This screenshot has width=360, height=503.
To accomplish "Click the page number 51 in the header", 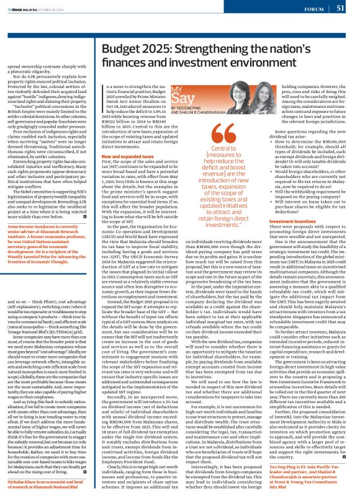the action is (x=340, y=8).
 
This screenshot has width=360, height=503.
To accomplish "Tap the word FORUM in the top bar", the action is (x=314, y=9).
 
